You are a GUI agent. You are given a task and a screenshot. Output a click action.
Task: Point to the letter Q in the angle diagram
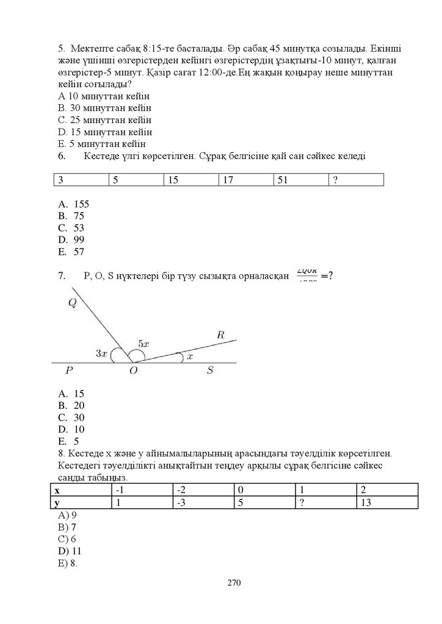pos(72,304)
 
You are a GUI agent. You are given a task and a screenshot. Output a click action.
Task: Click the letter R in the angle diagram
pos(221,335)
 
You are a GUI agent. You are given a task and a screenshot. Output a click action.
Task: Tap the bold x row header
pos(57,490)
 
